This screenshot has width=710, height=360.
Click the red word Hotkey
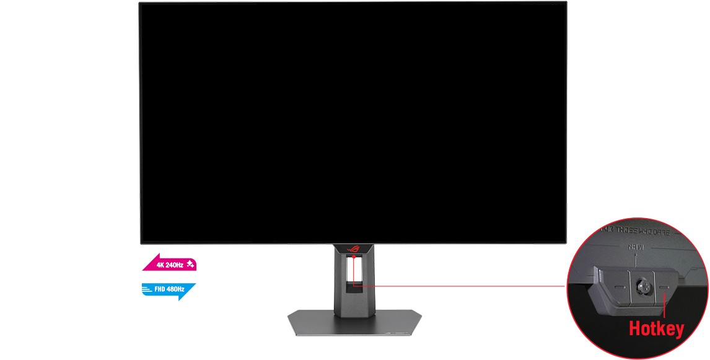pos(656,329)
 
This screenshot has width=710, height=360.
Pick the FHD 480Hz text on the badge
pos(170,289)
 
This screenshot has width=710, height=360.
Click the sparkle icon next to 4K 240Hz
pos(190,265)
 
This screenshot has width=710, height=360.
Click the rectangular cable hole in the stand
pos(354,273)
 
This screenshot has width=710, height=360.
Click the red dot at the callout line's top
pos(354,255)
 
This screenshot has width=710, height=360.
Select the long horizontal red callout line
pos(465,286)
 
